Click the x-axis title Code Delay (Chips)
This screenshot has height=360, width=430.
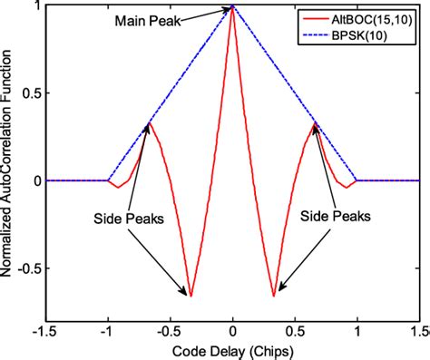233,350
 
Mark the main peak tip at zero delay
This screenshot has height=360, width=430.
233,6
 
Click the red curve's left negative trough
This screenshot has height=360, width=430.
191,296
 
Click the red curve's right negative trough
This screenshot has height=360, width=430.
275,296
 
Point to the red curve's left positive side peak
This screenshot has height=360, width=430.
150,122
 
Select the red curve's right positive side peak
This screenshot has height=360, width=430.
317,122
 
